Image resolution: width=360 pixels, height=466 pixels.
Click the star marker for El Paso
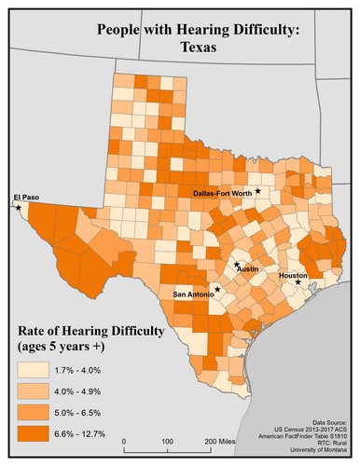point(18,208)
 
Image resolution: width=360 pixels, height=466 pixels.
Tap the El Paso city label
point(27,197)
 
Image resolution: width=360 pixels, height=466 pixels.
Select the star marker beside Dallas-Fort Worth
point(258,191)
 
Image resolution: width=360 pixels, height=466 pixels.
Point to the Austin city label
point(247,268)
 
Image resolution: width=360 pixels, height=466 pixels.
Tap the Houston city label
point(292,277)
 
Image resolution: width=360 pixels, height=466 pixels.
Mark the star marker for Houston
point(298,283)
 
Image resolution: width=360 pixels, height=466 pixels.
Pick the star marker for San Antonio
point(217,289)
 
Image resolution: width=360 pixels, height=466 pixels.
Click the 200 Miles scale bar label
point(220,440)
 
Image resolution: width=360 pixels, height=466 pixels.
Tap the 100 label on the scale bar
point(166,440)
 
